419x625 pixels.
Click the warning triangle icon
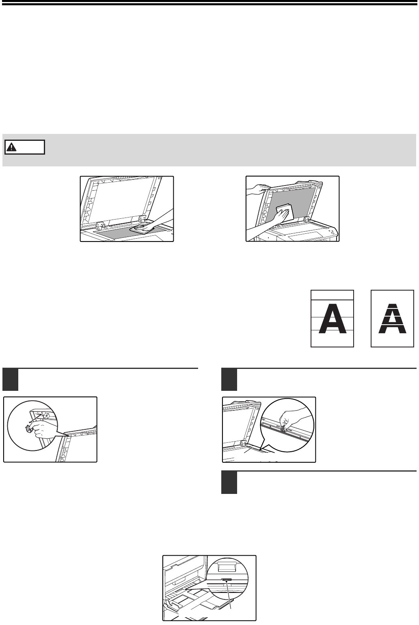[x=11, y=147]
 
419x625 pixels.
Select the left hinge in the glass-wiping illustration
[x=100, y=226]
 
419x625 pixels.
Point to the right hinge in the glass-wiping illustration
[x=142, y=219]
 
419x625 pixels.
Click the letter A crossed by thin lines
[x=332, y=318]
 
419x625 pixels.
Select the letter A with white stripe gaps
[x=392, y=318]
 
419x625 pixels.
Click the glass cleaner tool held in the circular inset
[x=29, y=428]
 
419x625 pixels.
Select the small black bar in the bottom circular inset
[x=227, y=580]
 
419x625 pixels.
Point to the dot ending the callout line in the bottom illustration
[x=227, y=582]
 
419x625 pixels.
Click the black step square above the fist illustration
[x=10, y=380]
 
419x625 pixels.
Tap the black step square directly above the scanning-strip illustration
[x=229, y=380]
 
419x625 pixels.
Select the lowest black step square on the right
[x=229, y=483]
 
